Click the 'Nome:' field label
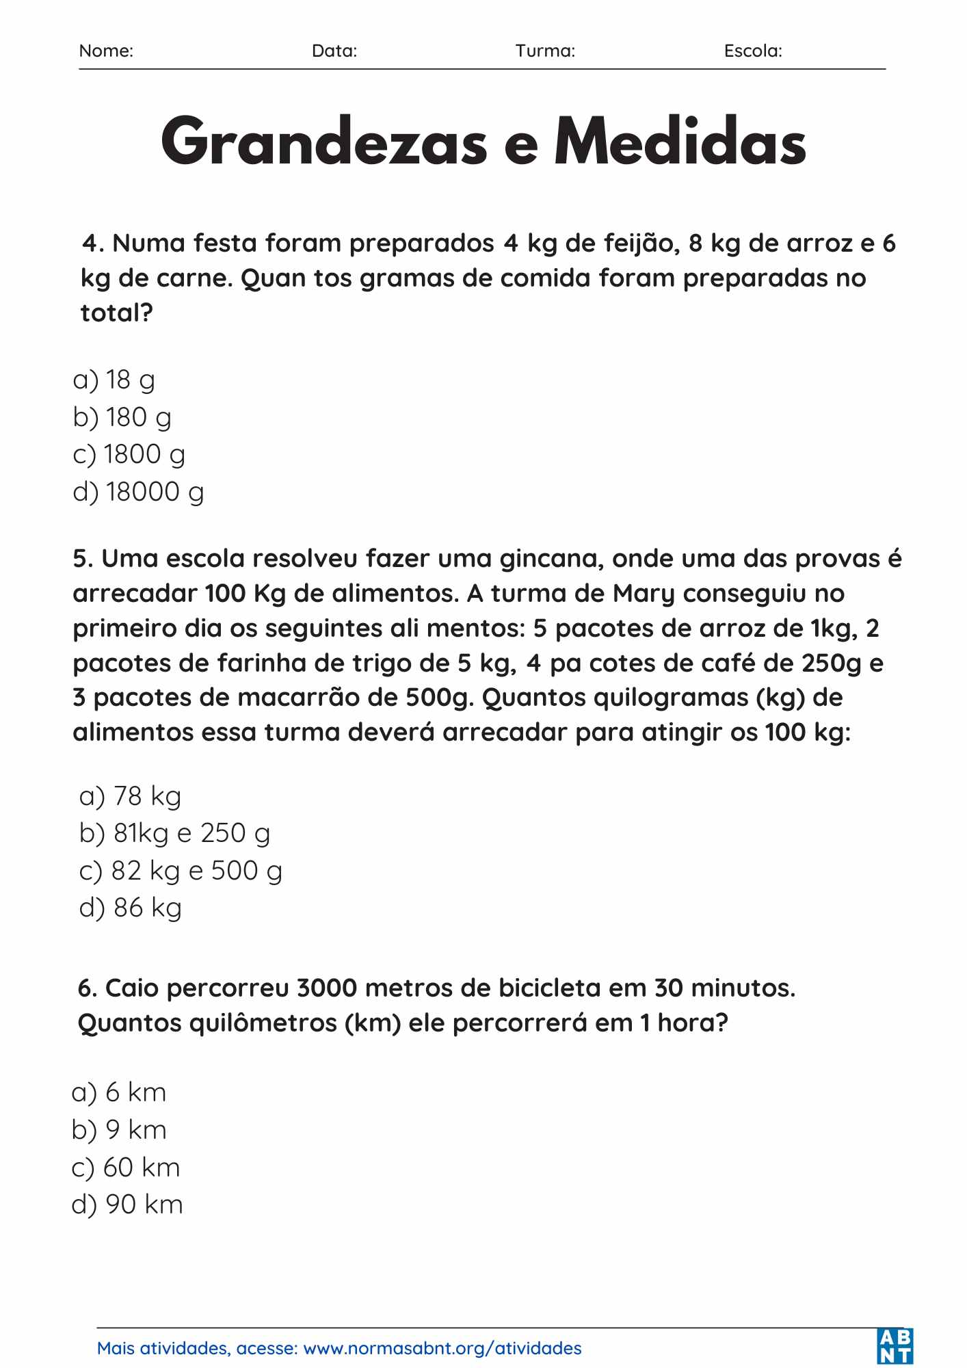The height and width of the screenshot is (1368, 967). [x=106, y=51]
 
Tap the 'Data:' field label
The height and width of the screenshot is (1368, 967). [x=334, y=51]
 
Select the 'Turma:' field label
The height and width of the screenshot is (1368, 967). [x=545, y=51]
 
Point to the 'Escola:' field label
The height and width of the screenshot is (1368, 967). [x=753, y=51]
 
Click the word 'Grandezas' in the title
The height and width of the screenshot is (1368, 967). [x=324, y=142]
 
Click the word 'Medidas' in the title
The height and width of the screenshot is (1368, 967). [x=680, y=142]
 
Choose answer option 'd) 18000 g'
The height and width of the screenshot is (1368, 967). [x=138, y=492]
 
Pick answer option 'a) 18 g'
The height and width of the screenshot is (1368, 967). [x=114, y=380]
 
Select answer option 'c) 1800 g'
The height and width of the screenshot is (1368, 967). [x=129, y=455]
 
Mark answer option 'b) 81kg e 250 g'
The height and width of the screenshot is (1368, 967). [x=174, y=833]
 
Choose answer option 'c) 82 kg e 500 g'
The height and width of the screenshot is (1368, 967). [x=181, y=871]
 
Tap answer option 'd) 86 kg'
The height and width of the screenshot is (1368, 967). [x=131, y=908]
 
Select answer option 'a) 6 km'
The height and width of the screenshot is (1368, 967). [x=119, y=1092]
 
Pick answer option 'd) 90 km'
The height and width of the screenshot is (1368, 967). [x=127, y=1205]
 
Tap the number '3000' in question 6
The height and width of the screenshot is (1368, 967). [x=328, y=988]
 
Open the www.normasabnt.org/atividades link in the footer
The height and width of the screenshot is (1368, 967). [x=442, y=1348]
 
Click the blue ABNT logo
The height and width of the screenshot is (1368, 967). [x=895, y=1346]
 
